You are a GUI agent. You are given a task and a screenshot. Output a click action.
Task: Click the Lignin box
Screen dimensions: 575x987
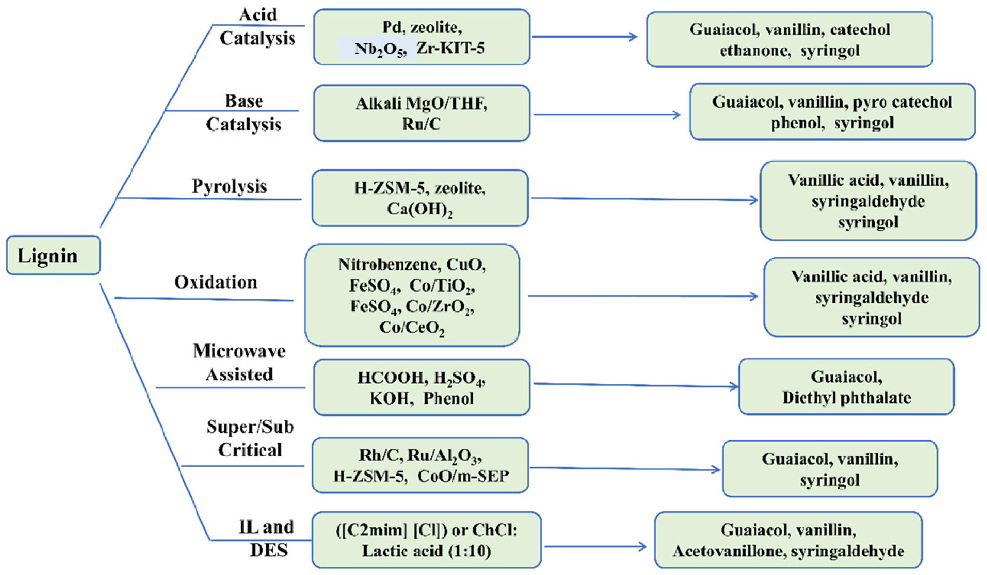54,255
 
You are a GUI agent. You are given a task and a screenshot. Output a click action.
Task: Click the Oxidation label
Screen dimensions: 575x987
215,282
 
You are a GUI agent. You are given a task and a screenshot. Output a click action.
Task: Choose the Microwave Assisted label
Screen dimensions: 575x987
239,363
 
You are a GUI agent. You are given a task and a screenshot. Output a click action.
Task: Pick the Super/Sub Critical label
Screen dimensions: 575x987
250,438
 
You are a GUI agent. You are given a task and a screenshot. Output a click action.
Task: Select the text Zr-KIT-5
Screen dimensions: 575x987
450,48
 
